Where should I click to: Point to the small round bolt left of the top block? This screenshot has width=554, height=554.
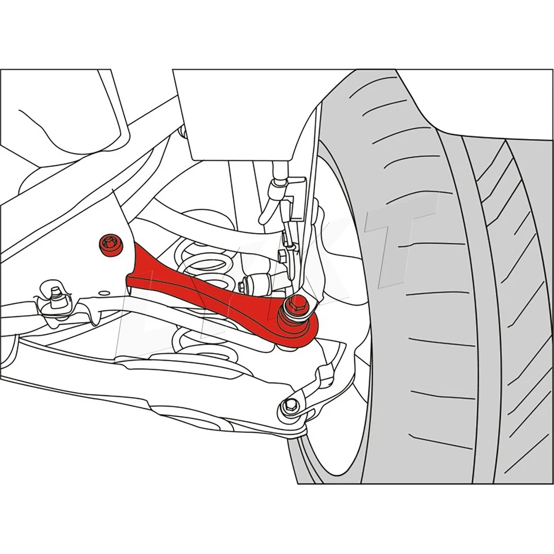pyautogui.click(x=182, y=133)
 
